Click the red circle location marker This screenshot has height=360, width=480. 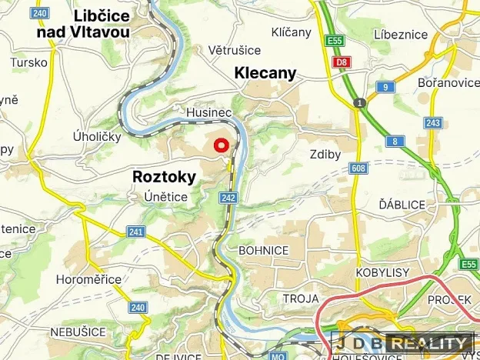click(221, 145)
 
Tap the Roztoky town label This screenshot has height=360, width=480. click(164, 177)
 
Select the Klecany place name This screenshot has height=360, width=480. click(265, 73)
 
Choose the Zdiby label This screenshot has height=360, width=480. click(325, 154)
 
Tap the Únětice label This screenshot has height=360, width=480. click(165, 197)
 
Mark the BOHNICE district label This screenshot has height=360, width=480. click(264, 250)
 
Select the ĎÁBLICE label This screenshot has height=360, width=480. click(401, 205)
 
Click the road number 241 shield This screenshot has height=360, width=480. click(136, 232)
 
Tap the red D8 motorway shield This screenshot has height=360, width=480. click(341, 62)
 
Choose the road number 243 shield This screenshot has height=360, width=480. click(433, 124)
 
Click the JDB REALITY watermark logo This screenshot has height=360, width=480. click(403, 343)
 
